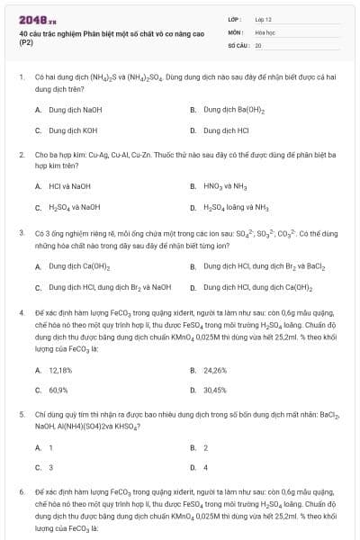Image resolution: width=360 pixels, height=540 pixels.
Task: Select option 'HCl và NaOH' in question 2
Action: click(x=68, y=186)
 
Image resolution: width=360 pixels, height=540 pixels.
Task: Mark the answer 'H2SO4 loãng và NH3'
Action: click(x=237, y=206)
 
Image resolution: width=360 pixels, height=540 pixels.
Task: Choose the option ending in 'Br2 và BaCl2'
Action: click(x=258, y=266)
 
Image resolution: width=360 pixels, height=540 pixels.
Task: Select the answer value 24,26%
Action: click(x=215, y=370)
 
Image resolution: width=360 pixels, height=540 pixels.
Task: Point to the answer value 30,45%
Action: click(x=215, y=390)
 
